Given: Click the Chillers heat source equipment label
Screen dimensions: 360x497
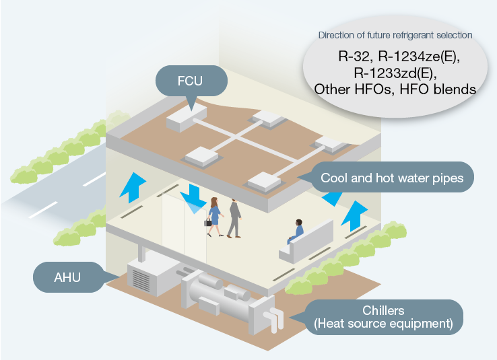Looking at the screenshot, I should point(384,316).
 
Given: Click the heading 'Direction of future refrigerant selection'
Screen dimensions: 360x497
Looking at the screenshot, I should point(395,34).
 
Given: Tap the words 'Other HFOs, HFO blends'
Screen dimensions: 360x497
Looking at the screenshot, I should point(395,88).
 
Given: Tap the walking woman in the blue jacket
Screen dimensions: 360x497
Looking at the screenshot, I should point(215,216).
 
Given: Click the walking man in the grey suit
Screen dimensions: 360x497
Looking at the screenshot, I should point(234,217).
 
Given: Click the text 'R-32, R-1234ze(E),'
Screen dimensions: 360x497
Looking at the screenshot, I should point(395,56).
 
